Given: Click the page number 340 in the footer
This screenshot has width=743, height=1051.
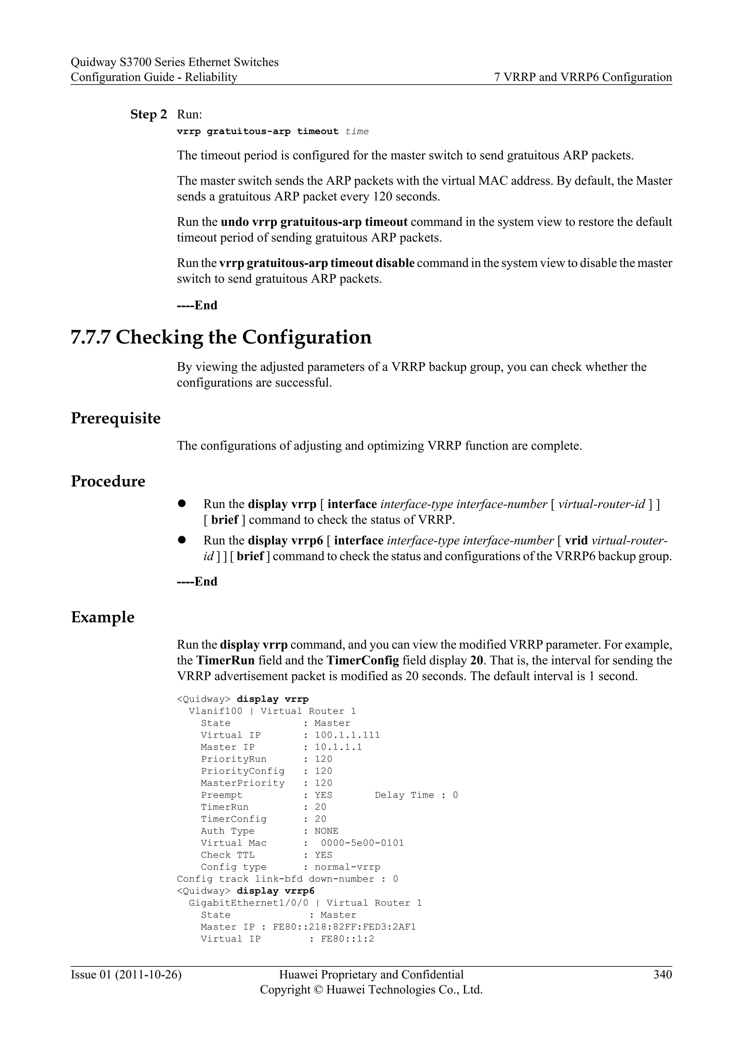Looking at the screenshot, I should [x=662, y=974].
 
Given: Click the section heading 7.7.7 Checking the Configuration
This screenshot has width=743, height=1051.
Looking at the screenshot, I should [x=221, y=338].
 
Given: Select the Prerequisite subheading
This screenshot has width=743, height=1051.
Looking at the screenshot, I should [x=116, y=418].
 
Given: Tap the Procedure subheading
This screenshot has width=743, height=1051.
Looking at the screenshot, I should [x=108, y=481].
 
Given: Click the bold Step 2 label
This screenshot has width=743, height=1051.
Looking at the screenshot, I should [x=149, y=114].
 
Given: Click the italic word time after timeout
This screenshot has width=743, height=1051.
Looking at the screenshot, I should [x=357, y=132].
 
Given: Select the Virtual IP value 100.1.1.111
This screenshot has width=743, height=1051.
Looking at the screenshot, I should [x=347, y=735].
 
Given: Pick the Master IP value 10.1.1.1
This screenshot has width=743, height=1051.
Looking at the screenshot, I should [x=338, y=747].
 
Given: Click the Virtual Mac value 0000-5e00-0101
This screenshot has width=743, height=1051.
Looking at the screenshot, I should [x=362, y=843].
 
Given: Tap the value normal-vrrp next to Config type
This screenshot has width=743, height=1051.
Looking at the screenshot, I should [x=347, y=867].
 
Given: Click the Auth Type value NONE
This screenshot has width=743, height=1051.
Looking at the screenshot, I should [x=326, y=831].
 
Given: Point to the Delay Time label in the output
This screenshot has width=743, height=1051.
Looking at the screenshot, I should [x=405, y=795].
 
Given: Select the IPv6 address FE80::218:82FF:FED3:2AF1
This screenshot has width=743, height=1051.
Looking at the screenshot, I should [x=344, y=927].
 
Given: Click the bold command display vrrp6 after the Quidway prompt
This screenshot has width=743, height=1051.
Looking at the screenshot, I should [x=275, y=891].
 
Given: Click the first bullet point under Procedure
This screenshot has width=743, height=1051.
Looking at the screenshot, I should [x=182, y=503].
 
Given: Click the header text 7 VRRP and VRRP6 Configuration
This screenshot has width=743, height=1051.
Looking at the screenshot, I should [x=583, y=77].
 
